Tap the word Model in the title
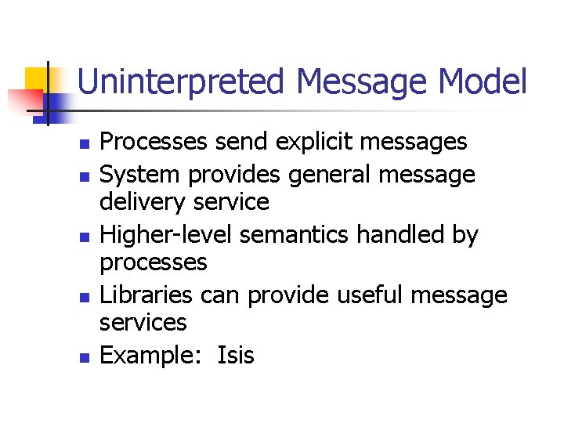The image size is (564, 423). click(x=483, y=81)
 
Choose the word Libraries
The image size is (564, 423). click(x=146, y=295)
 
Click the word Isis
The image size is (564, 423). click(x=236, y=355)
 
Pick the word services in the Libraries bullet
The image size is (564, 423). click(x=143, y=323)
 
